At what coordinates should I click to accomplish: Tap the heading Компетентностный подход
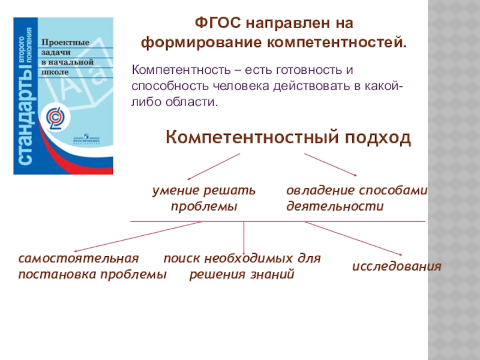point(289,138)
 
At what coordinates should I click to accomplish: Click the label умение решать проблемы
point(203,199)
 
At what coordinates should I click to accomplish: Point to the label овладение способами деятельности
point(356,199)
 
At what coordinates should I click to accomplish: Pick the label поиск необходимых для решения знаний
point(242,267)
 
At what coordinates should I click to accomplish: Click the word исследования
point(397,266)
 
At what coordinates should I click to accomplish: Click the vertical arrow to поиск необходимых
point(244,238)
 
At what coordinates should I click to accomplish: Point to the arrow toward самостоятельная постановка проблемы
point(138,236)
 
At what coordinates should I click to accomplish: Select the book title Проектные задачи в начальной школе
point(65,56)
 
